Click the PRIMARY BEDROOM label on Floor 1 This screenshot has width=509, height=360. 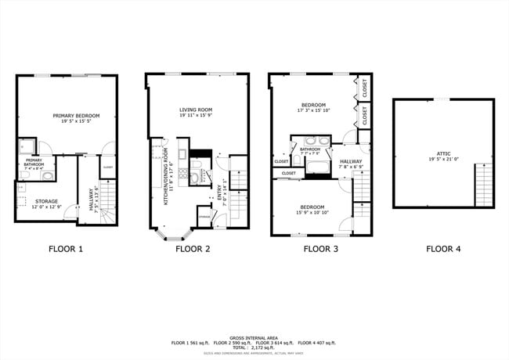coord(67,116)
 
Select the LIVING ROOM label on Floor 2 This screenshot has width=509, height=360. coord(197,110)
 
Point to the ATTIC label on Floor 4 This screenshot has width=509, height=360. coord(443,153)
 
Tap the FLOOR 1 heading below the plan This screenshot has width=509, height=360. coord(66,250)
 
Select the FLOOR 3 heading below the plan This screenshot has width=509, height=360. coord(321,250)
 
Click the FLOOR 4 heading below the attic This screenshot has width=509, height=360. coord(444,250)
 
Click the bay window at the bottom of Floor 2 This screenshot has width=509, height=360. coord(173,233)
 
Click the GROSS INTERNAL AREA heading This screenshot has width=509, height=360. coord(254,337)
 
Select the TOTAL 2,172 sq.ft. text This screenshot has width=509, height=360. coord(254,348)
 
